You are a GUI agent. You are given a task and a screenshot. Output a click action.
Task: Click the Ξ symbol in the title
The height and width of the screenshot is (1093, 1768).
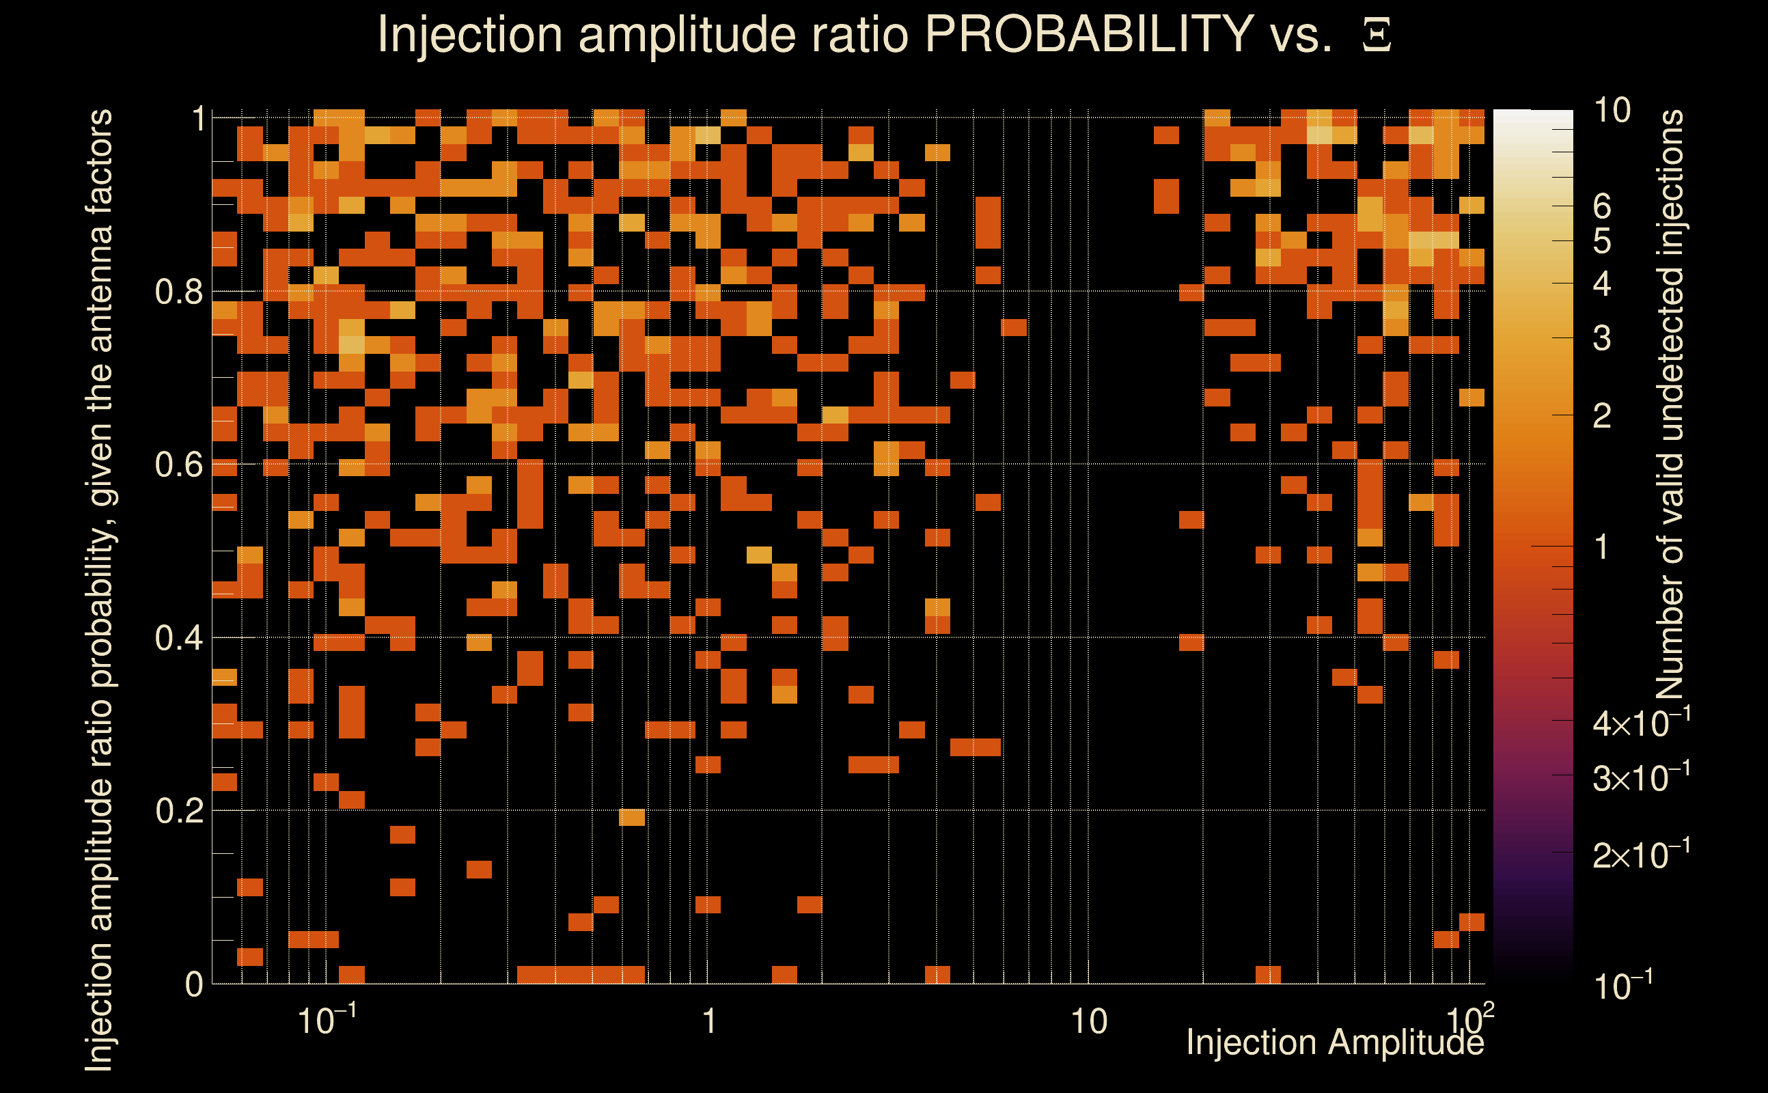(x=1377, y=36)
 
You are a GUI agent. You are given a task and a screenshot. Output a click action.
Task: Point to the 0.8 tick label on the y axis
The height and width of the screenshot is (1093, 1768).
(x=178, y=292)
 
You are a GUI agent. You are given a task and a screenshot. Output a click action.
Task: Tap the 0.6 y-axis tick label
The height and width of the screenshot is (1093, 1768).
(x=178, y=465)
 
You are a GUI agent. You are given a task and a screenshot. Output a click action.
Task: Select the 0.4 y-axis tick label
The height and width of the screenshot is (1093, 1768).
(x=178, y=638)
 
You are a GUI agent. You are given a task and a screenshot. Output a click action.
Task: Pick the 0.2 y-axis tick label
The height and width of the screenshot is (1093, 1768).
(x=178, y=811)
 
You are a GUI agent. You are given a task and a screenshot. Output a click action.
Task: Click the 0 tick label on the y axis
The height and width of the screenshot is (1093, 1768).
(x=194, y=984)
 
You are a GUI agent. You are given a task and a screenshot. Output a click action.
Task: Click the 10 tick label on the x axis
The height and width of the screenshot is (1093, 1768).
(x=1088, y=1022)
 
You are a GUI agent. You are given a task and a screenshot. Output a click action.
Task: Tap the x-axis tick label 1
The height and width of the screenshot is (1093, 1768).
(x=709, y=1022)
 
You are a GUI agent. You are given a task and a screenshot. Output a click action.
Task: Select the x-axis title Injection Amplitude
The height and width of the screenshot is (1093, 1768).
(x=1335, y=1042)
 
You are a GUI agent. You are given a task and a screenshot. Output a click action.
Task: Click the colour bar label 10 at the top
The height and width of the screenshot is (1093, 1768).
(x=1612, y=111)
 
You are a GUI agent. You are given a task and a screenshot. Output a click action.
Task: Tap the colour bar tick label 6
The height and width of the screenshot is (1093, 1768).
(x=1602, y=207)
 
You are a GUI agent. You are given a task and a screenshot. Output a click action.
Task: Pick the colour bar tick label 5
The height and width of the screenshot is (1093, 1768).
(x=1602, y=241)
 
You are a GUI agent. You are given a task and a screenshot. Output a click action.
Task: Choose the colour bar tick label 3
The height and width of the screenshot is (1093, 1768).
(x=1602, y=338)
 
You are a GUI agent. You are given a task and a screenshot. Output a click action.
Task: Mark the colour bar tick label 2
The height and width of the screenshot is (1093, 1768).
(x=1602, y=417)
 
